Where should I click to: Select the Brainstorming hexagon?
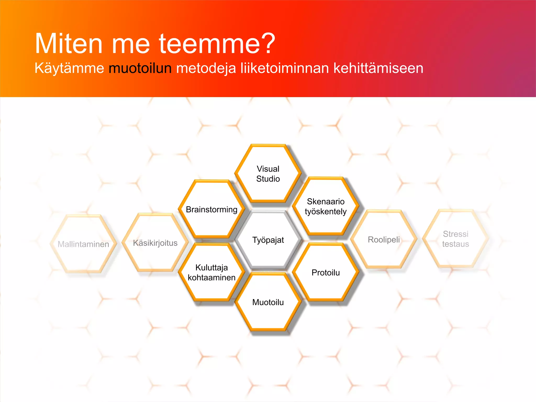click(211, 209)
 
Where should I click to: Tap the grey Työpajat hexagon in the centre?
click(268, 240)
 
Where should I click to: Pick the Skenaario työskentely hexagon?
click(326, 206)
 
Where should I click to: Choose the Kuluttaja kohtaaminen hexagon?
click(211, 272)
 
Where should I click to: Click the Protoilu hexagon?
click(326, 272)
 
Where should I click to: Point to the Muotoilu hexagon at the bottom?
click(268, 302)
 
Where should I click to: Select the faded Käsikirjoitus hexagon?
click(155, 243)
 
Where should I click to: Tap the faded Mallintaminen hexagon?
click(83, 244)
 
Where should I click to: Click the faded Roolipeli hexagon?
click(384, 239)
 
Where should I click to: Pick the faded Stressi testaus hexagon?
click(455, 239)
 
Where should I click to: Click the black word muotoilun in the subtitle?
click(140, 68)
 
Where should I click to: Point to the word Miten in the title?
click(69, 43)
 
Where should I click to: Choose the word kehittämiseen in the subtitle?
click(378, 68)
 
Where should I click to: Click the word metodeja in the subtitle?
click(206, 68)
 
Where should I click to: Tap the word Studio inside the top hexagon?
click(268, 179)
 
